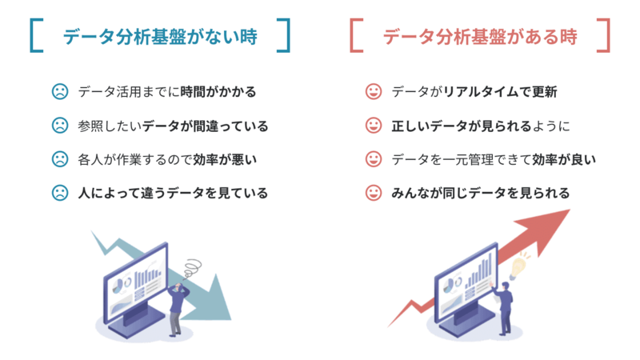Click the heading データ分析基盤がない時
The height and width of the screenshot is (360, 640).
point(160,36)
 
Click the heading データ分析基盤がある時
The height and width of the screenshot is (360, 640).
point(480,36)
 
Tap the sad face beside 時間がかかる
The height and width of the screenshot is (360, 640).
point(59,91)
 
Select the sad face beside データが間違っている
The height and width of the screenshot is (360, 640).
point(59,125)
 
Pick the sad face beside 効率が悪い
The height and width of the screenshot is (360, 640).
point(59,158)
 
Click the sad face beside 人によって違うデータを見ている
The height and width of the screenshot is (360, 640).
point(59,192)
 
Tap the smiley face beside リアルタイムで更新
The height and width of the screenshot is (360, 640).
point(373,91)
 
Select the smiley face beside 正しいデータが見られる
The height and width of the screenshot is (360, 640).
point(373,125)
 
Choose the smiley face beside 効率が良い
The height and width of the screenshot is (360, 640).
point(373,158)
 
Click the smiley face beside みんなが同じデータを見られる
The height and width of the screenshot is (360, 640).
point(373,192)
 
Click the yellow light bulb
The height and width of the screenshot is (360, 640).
point(521,261)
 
